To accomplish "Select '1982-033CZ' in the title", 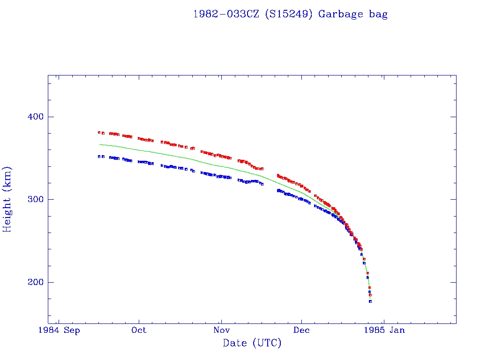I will pyautogui.click(x=226, y=14).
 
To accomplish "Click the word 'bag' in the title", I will pyautogui.click(x=378, y=14).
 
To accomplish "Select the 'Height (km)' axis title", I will pyautogui.click(x=7, y=199).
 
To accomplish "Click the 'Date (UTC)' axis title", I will pyautogui.click(x=252, y=343).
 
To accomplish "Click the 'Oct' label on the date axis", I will pyautogui.click(x=139, y=330).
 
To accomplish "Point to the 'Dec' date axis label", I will pyautogui.click(x=301, y=330).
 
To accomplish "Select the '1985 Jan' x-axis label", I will pyautogui.click(x=385, y=330).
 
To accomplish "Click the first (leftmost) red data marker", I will pyautogui.click(x=99, y=132).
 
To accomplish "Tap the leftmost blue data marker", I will pyautogui.click(x=99, y=156).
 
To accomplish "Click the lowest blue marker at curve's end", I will pyautogui.click(x=370, y=301).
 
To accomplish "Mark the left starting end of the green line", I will pyautogui.click(x=99, y=144).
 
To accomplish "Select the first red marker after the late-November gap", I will pyautogui.click(x=278, y=175).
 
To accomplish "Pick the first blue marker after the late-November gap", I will pyautogui.click(x=278, y=190).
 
